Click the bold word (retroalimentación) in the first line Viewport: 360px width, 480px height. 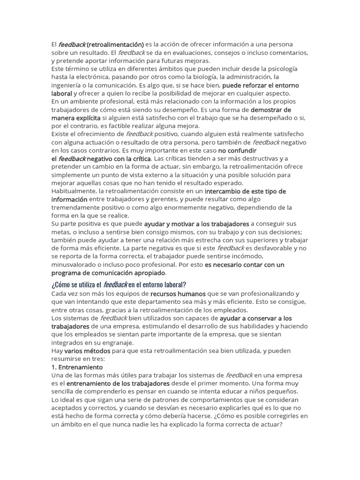[x=115, y=45]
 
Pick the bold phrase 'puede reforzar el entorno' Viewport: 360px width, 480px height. [x=260, y=85]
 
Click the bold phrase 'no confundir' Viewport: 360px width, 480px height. [x=237, y=150]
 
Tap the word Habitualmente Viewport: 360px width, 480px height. [x=75, y=191]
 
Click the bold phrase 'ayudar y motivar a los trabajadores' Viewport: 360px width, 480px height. [x=196, y=224]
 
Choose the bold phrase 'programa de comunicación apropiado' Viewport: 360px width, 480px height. [x=108, y=273]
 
